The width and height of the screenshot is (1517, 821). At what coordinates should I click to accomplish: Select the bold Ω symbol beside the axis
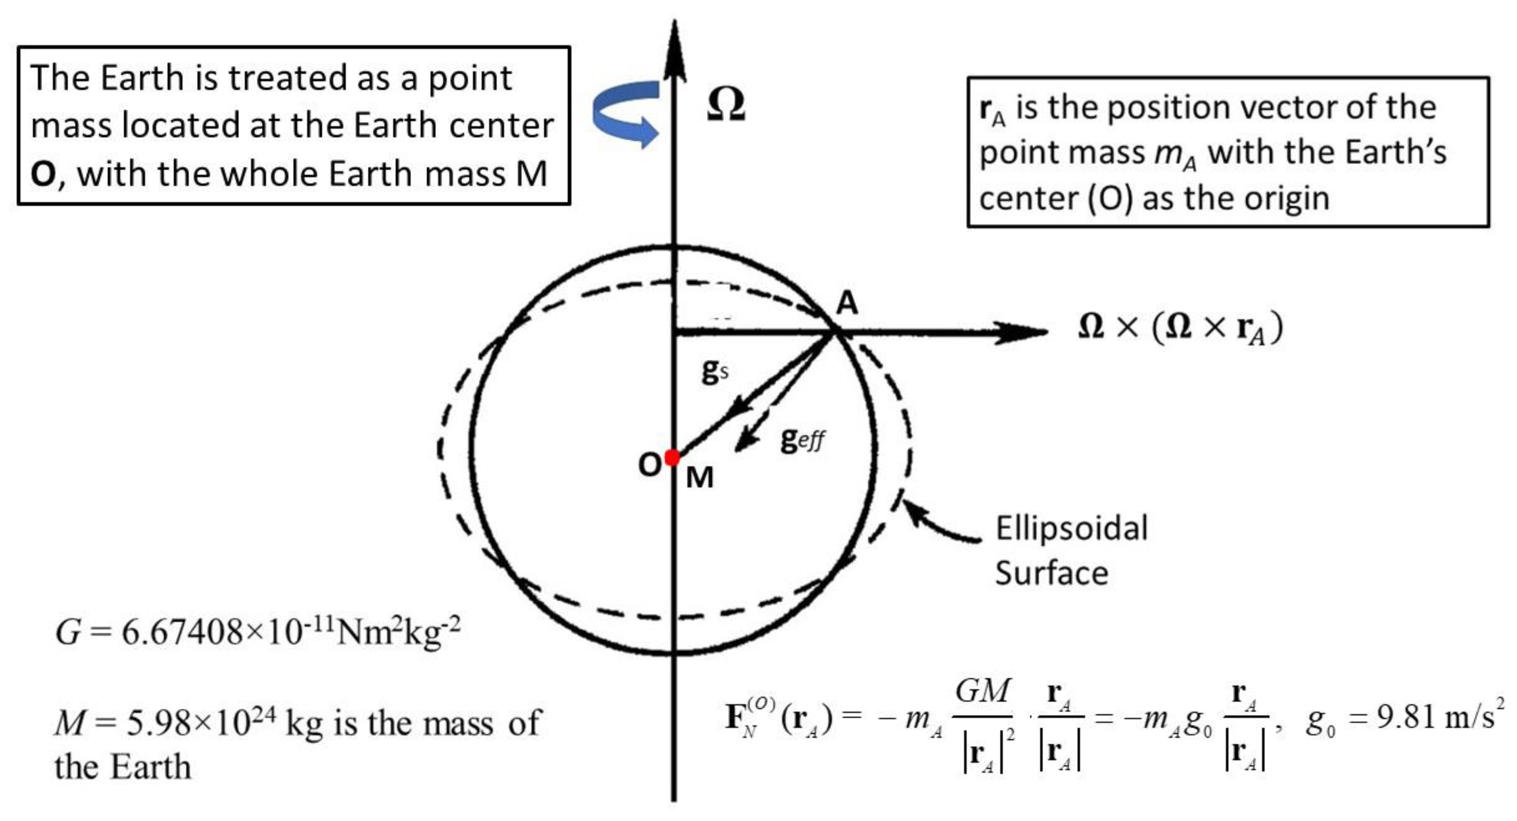click(x=726, y=105)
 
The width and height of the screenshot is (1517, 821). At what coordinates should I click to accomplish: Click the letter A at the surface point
click(x=847, y=303)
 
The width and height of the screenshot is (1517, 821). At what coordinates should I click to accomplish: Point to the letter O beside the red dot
click(x=650, y=465)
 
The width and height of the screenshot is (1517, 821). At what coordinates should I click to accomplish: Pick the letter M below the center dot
click(x=700, y=477)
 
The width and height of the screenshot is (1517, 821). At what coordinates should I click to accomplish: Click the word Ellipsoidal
click(x=1071, y=528)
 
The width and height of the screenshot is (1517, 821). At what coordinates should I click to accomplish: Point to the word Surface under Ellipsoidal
click(x=1052, y=573)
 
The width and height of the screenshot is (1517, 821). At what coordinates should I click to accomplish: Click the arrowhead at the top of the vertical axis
click(x=675, y=47)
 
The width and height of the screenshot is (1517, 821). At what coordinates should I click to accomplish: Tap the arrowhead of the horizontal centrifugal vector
click(x=1025, y=332)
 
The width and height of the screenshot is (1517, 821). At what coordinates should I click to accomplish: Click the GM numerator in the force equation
click(x=982, y=690)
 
